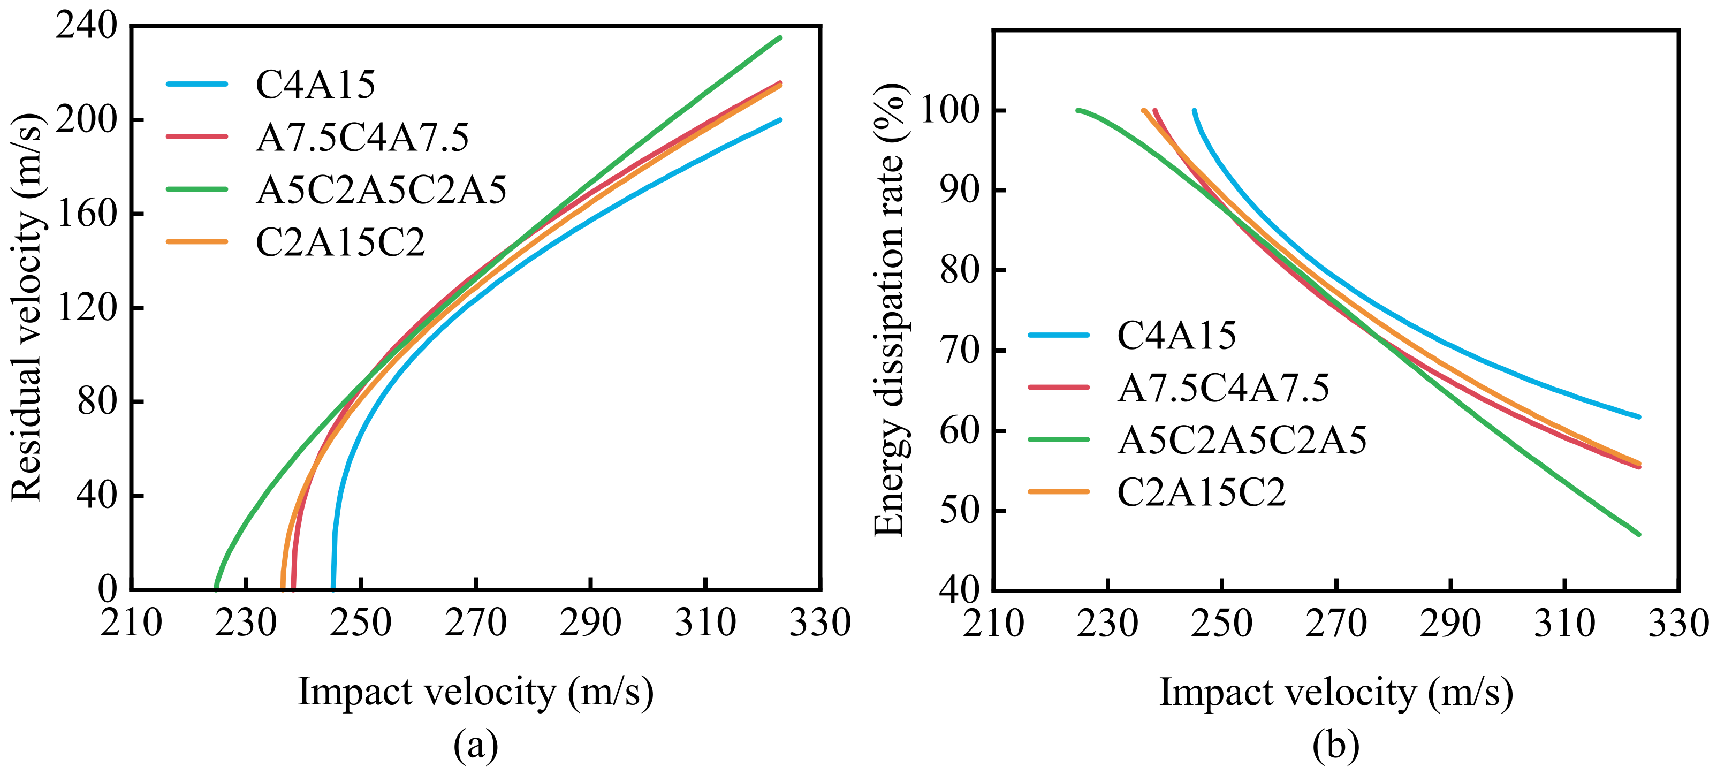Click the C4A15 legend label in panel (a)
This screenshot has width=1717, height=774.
pos(315,85)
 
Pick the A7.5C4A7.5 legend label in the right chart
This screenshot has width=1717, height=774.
pos(1223,388)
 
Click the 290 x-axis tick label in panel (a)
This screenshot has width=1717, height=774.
pos(590,623)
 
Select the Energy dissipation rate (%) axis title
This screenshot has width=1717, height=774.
pos(891,310)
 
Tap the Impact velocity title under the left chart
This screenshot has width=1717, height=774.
pos(475,692)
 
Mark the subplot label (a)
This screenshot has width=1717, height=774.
pos(475,745)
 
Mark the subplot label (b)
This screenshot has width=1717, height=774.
pos(1336,745)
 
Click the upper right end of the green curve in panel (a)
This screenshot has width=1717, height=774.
pos(780,38)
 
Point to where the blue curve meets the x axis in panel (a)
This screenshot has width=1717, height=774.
pos(333,588)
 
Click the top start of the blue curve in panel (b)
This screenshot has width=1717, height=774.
pos(1194,111)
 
